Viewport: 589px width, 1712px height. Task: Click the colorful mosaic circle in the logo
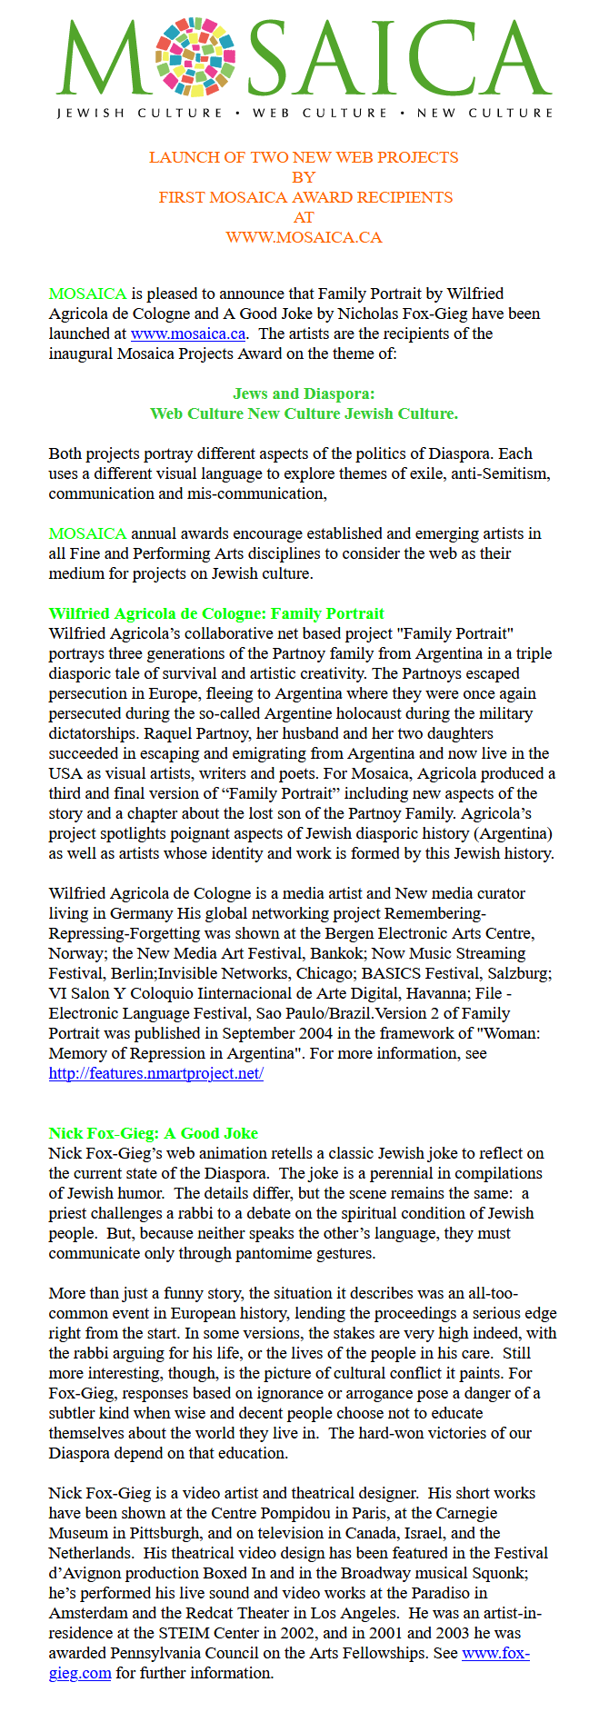195,56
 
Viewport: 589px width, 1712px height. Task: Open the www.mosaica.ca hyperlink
188,333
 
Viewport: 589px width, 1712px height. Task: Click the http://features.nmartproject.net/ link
155,1073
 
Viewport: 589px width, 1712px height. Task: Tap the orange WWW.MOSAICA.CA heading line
304,237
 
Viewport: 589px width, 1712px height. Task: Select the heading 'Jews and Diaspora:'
304,393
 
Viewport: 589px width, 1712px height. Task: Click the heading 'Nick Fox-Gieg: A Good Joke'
153,1133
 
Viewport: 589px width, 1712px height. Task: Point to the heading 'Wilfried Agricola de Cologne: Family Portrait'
216,613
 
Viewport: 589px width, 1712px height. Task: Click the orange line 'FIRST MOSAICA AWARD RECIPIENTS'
305,197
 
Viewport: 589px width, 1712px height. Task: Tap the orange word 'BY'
304,177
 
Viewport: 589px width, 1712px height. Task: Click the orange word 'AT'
304,217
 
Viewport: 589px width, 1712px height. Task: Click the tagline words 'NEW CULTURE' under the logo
484,114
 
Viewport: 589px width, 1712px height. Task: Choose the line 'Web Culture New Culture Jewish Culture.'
304,413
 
